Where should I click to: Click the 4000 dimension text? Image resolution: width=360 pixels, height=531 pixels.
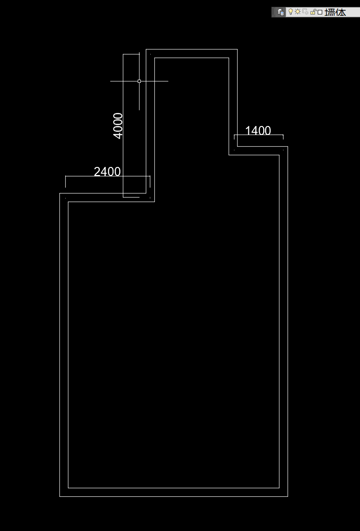pos(118,126)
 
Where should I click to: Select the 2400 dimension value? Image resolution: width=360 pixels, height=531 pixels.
pos(107,172)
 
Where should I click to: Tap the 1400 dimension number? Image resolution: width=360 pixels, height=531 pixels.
pos(258,131)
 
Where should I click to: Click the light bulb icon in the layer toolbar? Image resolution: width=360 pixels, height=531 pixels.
pos(290,12)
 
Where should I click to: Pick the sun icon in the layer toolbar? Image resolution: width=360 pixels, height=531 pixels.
pos(297,12)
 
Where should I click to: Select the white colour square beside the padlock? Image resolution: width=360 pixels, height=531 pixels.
pos(320,12)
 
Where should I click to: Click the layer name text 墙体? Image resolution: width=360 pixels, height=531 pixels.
pos(335,12)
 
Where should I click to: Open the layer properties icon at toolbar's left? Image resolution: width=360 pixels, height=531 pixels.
pos(280,12)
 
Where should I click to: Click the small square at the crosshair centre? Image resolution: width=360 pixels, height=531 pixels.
pos(139,81)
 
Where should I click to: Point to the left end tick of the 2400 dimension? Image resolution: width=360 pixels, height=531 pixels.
pos(66,181)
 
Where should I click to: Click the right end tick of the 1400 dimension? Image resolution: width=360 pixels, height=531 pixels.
pos(283,137)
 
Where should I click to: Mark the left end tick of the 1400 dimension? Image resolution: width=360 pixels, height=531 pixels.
pos(234,137)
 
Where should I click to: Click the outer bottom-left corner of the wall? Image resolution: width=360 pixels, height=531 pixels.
pos(60,496)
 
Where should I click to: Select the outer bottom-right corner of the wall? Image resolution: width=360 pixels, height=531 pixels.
pos(288,496)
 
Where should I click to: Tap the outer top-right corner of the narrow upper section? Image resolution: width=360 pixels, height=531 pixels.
pos(237,49)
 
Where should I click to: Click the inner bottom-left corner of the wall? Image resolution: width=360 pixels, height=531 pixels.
pos(68,488)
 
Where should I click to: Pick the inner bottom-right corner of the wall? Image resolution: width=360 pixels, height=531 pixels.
pos(279,488)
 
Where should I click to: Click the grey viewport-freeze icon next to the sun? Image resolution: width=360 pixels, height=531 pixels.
pos(305,12)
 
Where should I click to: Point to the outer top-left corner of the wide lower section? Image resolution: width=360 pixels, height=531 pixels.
pos(60,193)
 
